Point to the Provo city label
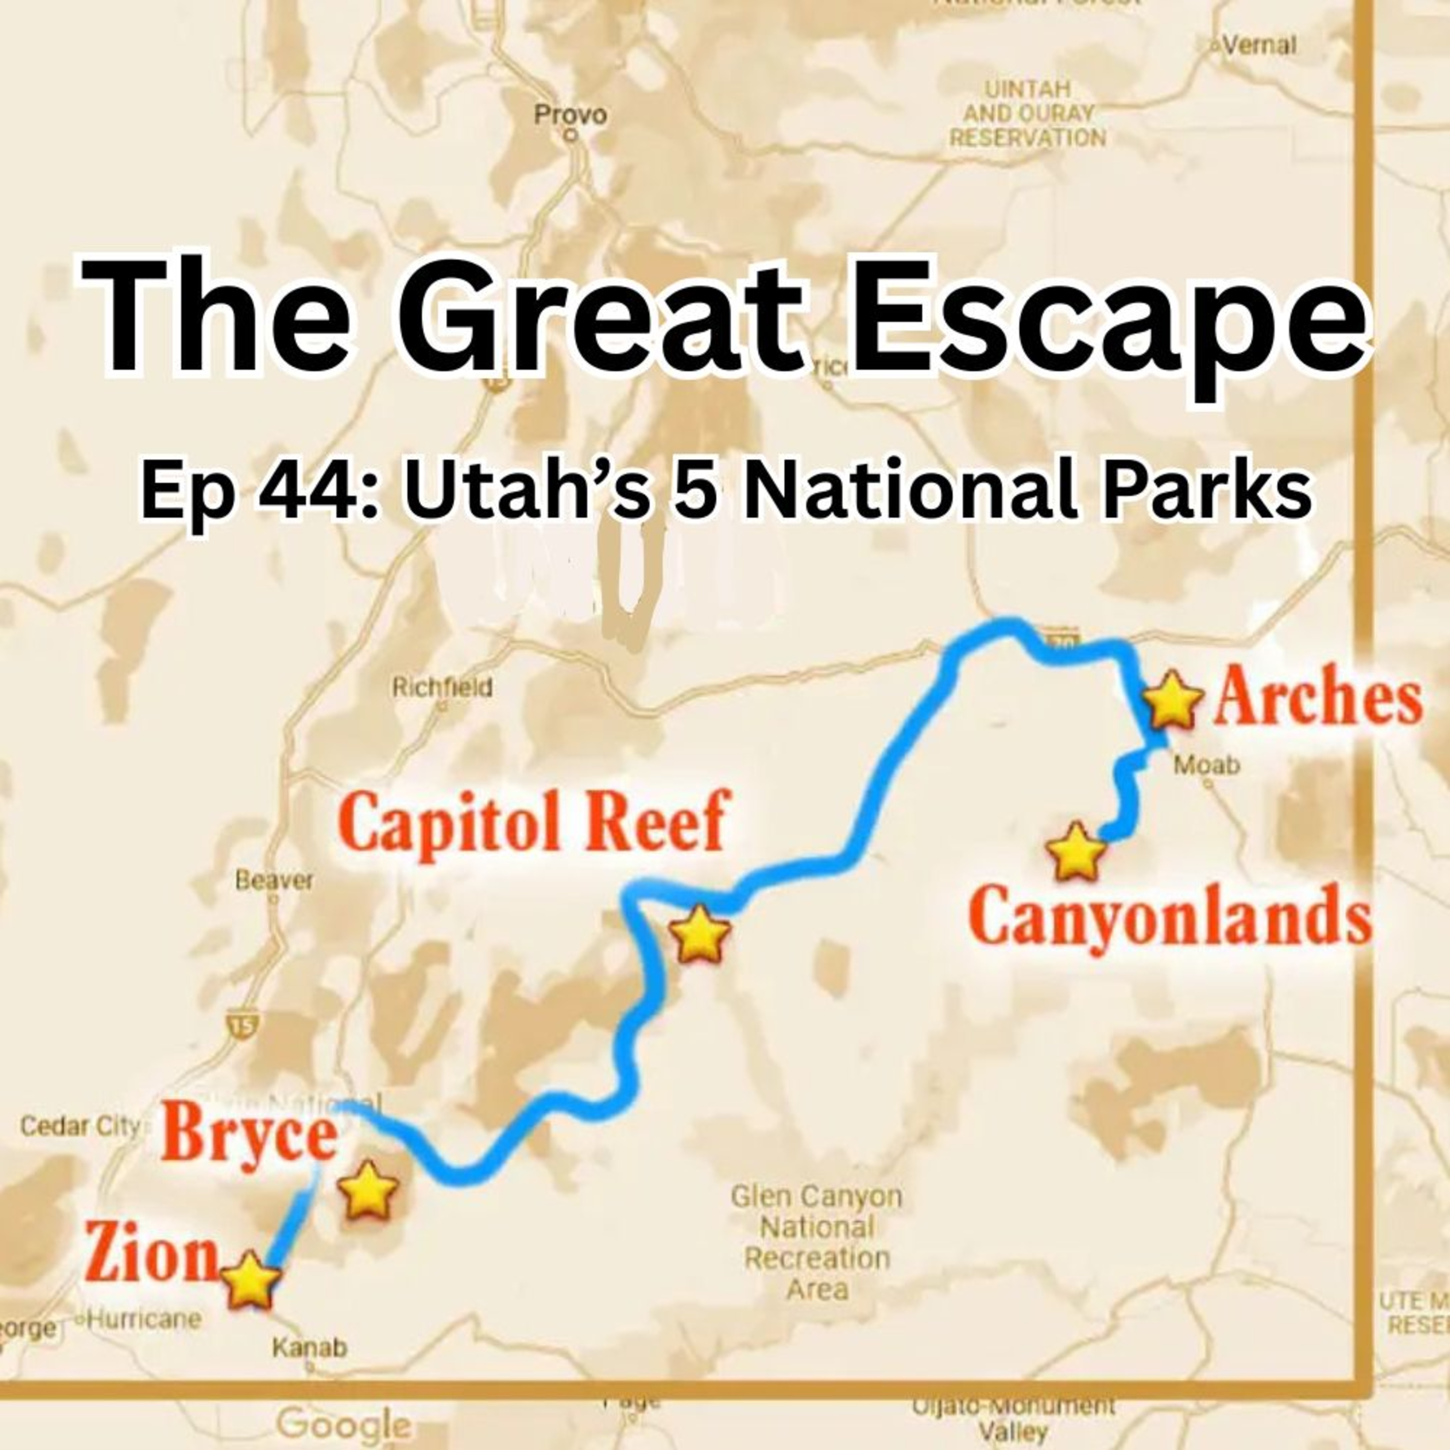click(570, 116)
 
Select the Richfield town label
click(442, 687)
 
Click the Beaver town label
click(274, 880)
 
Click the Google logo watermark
click(344, 1424)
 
